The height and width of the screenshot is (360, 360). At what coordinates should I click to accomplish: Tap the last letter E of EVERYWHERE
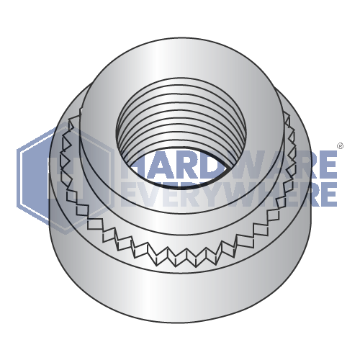[328, 194]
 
